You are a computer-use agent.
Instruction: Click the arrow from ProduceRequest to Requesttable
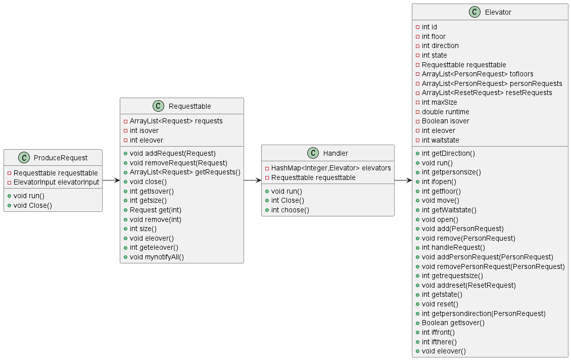pos(111,180)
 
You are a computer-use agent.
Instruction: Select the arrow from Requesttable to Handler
pos(252,180)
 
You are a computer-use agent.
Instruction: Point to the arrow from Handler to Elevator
pos(403,180)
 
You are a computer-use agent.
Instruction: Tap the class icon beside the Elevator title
pos(474,12)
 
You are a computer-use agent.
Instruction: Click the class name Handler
pos(336,153)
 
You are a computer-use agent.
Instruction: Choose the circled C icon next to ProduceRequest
pos(24,158)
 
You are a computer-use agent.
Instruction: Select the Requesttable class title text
pos(189,106)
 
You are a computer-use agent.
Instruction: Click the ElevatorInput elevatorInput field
pos(56,182)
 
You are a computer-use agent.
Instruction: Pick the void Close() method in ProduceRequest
pos(33,205)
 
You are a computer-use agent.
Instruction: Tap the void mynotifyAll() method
pos(157,257)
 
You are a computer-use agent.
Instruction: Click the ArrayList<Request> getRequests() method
pos(185,172)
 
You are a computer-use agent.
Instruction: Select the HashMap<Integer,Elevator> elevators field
pos(331,168)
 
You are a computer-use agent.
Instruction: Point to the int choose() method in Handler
pos(290,210)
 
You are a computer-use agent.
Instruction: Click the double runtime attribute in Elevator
pos(445,112)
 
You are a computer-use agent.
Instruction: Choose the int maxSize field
pos(439,103)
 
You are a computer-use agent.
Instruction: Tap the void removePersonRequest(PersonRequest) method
pos(493,266)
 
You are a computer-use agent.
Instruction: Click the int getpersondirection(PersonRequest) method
pos(484,313)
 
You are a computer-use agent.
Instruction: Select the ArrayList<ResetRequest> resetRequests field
pos(487,93)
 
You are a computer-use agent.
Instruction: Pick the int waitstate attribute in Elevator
pos(440,140)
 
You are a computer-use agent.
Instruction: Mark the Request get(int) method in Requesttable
pos(156,210)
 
